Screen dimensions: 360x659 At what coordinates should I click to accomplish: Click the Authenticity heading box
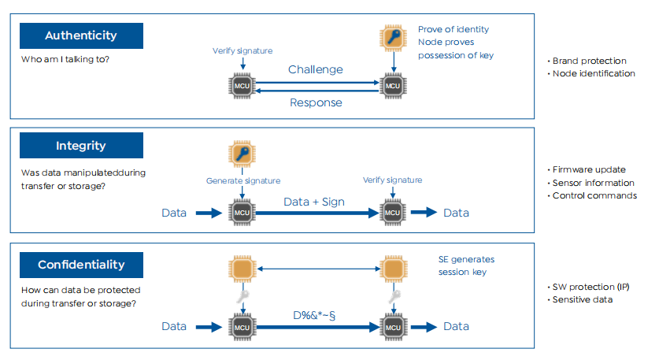click(81, 35)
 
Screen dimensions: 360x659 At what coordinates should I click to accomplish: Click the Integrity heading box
click(81, 146)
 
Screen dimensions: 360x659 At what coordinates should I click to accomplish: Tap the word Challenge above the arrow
click(315, 69)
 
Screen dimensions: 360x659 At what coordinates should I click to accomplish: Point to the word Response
click(316, 102)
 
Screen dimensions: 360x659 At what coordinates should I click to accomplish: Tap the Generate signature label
click(242, 180)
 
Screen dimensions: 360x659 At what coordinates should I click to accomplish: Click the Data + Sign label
click(313, 202)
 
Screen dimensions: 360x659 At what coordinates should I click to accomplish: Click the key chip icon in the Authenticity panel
click(391, 38)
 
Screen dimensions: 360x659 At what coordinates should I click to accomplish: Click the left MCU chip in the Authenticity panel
click(242, 84)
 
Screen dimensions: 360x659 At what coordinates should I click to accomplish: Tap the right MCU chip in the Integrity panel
click(391, 212)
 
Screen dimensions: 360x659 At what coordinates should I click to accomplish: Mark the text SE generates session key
click(466, 265)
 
